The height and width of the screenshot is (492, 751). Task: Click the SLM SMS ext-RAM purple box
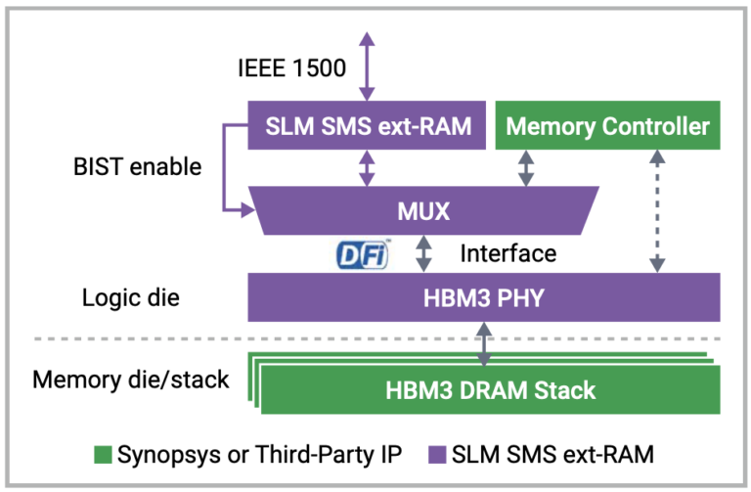[x=368, y=126]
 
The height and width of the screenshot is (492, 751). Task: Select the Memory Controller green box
[x=607, y=126]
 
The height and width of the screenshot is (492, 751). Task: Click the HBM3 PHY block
[x=483, y=296]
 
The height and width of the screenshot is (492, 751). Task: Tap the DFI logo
[x=362, y=254]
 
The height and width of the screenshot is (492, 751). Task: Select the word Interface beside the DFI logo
[x=508, y=254]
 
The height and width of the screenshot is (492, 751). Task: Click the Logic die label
[x=130, y=298]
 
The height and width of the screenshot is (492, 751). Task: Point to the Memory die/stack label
[x=131, y=379]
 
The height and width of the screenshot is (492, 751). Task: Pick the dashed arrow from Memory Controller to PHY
[x=658, y=211]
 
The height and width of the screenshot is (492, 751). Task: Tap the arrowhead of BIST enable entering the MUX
[x=244, y=207]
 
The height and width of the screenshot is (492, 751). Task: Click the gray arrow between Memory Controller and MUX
[x=525, y=167]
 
